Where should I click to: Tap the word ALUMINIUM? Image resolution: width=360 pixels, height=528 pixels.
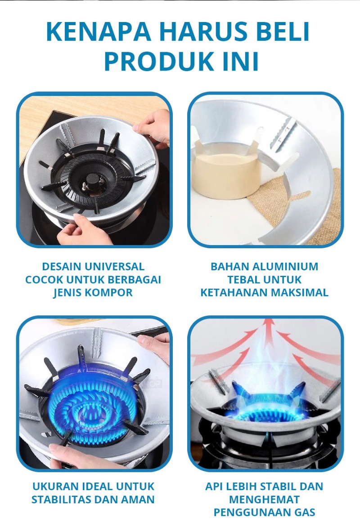click(x=285, y=266)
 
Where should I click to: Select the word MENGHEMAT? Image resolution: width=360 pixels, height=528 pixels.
click(x=264, y=499)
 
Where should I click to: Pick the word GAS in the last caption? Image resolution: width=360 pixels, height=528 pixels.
click(x=304, y=512)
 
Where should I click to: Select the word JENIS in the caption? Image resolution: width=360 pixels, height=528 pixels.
click(x=66, y=292)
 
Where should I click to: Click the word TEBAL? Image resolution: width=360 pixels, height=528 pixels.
click(x=243, y=279)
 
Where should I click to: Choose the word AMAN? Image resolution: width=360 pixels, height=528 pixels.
click(x=139, y=499)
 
